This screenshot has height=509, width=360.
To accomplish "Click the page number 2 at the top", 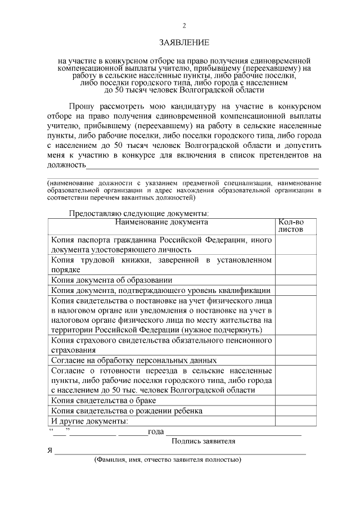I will (x=184, y=25).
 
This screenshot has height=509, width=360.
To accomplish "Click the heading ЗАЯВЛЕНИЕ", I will (x=184, y=42).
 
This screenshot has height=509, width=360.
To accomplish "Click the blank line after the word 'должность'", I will (x=202, y=166).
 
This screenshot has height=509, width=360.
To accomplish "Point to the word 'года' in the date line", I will (x=155, y=432).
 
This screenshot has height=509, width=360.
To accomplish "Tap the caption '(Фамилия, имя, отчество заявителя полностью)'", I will (x=168, y=460).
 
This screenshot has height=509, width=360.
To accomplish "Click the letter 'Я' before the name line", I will (x=49, y=451).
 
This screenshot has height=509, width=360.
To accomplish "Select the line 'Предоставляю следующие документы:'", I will (x=138, y=213).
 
